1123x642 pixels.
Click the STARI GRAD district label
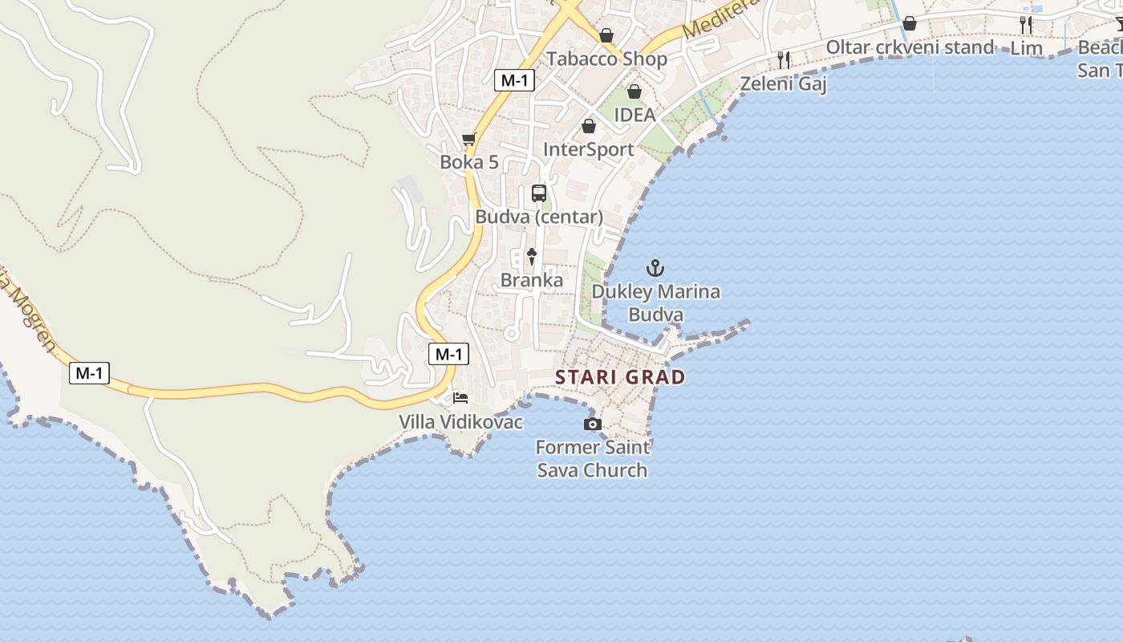620,377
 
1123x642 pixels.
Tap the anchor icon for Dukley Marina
655,268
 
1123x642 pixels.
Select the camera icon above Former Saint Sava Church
592,424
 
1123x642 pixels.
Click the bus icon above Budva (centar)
539,193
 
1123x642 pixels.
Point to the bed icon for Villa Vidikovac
460,397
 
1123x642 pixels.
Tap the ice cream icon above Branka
531,257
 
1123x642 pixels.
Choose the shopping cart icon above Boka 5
469,140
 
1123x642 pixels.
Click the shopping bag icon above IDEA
634,91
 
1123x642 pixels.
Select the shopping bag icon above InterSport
589,126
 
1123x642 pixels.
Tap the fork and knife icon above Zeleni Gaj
784,59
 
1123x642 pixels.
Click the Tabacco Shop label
606,59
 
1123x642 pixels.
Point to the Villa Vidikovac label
460,421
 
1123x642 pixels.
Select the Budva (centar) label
539,217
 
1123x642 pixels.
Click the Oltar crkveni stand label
910,47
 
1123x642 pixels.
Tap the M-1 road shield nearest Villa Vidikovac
448,354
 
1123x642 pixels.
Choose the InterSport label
589,149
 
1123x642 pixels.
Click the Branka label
531,280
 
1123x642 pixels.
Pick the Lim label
1026,48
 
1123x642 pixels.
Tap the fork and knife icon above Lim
1026,24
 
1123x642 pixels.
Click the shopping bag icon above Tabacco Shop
606,35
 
